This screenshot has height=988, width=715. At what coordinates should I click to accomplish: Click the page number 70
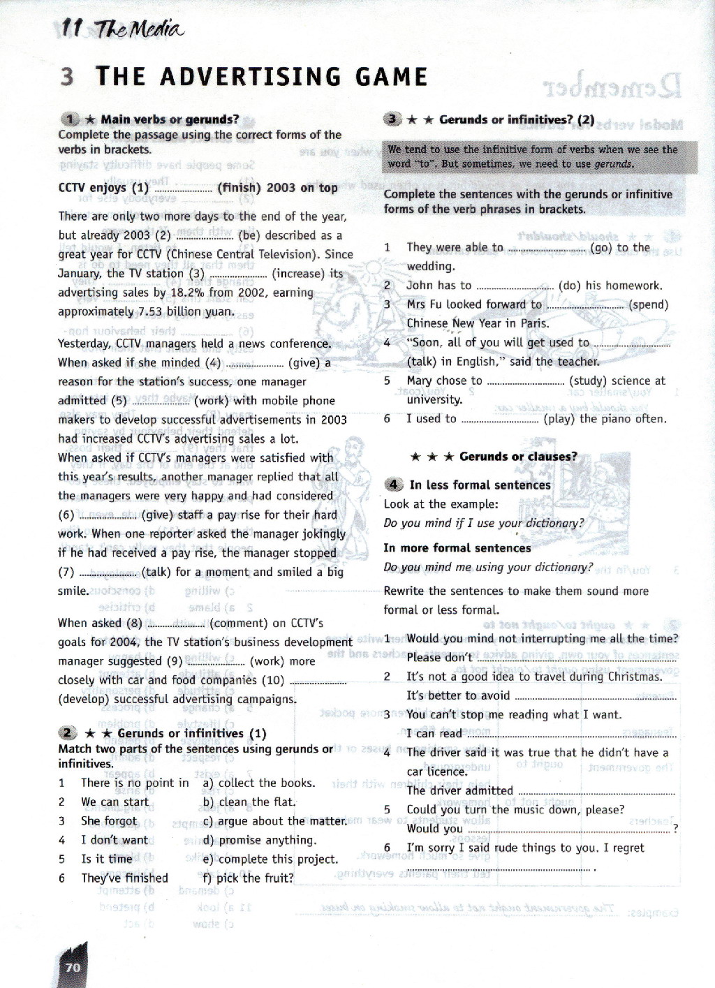pos(73,967)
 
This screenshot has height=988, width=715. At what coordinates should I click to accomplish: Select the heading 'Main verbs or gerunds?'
pos(170,119)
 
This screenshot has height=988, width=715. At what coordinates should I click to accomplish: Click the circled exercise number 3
pos(392,119)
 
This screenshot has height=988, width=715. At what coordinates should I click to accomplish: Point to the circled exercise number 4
pos(393,485)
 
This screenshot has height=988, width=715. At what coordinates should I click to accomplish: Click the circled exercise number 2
pos(67,733)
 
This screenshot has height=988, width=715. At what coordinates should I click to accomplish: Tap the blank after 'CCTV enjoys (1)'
pos(182,189)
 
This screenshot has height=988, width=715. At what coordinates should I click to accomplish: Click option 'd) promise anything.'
pos(259,840)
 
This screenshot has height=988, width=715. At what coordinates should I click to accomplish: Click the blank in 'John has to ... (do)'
pos(515,286)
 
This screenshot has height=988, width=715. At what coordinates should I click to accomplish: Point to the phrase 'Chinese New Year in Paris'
pos(478,323)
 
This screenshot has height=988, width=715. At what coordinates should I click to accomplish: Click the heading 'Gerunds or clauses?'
pos(518,457)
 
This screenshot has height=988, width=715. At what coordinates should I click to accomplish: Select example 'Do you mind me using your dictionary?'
pos(488,567)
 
